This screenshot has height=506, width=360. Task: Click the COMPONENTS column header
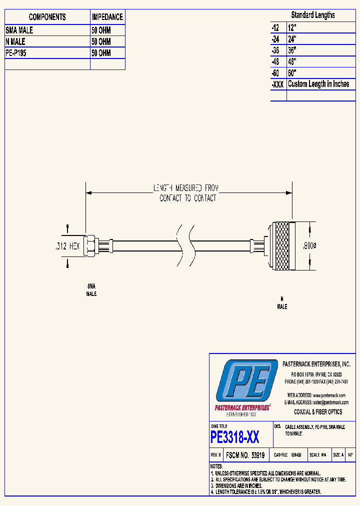(x=47, y=17)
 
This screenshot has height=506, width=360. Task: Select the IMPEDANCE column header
(x=107, y=17)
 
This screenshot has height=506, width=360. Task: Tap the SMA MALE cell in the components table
(x=20, y=30)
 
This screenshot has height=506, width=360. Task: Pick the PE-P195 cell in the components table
(x=16, y=53)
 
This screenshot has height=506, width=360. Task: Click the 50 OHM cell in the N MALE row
(x=101, y=42)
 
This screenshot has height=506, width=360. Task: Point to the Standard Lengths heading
(x=313, y=15)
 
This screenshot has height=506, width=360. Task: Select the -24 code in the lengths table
(x=275, y=38)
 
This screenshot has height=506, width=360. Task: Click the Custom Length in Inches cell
(x=318, y=84)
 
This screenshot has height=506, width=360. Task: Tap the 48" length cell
(x=292, y=61)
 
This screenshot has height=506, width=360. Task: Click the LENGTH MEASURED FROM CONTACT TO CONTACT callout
(x=188, y=193)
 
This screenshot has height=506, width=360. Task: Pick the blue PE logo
(x=245, y=381)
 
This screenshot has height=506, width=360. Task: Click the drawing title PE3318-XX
(x=235, y=438)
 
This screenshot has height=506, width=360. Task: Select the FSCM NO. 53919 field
(x=245, y=455)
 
